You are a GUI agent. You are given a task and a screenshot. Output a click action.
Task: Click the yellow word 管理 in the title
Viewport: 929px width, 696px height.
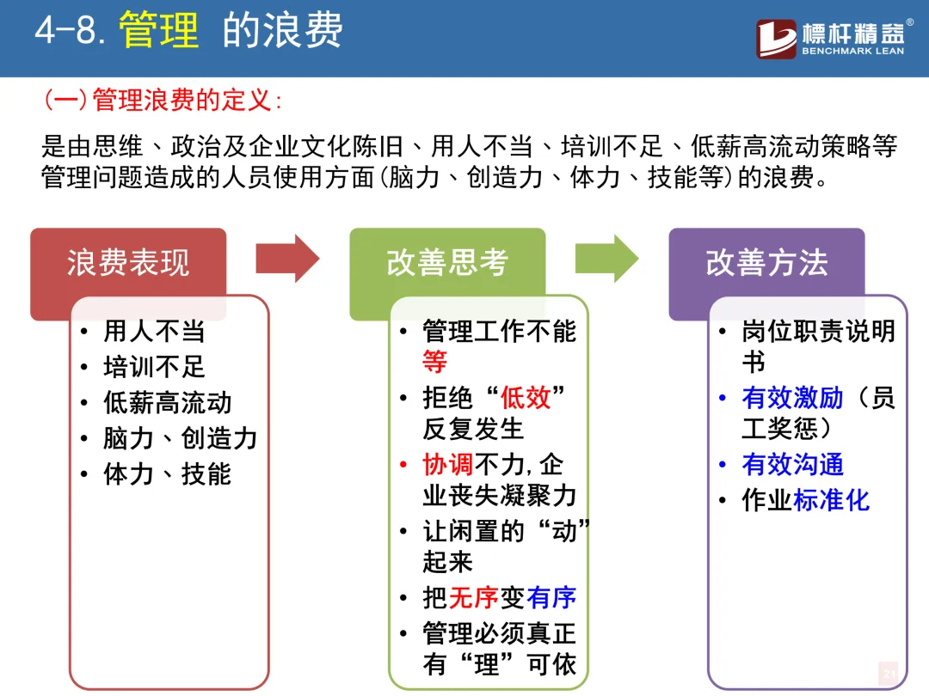tap(158, 30)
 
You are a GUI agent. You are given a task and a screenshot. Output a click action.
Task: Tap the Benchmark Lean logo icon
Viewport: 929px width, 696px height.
tap(776, 39)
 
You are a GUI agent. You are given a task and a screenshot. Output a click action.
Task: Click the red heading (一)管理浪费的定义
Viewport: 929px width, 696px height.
tap(163, 100)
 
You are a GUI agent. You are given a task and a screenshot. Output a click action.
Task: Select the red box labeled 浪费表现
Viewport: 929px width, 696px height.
tap(128, 262)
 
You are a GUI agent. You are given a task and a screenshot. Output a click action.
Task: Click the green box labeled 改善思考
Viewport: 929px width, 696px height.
tap(447, 262)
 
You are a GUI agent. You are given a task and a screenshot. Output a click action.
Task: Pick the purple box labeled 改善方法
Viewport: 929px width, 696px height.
tap(766, 262)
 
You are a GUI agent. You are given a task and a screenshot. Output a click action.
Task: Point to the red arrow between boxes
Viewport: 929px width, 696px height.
tap(288, 259)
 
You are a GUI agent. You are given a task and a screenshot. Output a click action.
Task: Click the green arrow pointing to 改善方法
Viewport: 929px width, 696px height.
tap(607, 259)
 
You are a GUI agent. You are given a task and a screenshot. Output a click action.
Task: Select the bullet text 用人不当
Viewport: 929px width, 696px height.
tap(154, 331)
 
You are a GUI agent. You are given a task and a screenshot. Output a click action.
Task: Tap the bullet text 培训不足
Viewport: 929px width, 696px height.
tap(154, 367)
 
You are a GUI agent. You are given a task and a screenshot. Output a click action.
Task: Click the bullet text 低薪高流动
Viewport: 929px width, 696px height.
tap(167, 403)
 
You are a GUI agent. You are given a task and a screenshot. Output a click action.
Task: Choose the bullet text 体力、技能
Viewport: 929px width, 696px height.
tap(167, 474)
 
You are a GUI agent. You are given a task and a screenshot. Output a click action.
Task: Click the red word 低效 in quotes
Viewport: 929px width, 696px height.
tap(526, 397)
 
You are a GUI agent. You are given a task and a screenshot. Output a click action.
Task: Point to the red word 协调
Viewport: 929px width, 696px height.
tap(448, 465)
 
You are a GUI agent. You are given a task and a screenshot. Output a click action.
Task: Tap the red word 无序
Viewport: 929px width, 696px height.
tap(473, 598)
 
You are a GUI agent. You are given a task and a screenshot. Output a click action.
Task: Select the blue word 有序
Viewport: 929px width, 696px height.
tap(551, 598)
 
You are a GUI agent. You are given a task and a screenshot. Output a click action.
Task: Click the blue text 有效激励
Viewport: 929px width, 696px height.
tap(792, 397)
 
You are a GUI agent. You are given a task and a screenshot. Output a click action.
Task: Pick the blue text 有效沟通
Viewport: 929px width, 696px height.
tap(792, 465)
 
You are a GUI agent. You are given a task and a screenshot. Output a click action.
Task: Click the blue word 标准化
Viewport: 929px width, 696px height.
tap(831, 500)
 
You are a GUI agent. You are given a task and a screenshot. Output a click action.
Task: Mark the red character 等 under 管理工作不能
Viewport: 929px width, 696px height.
tap(435, 361)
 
